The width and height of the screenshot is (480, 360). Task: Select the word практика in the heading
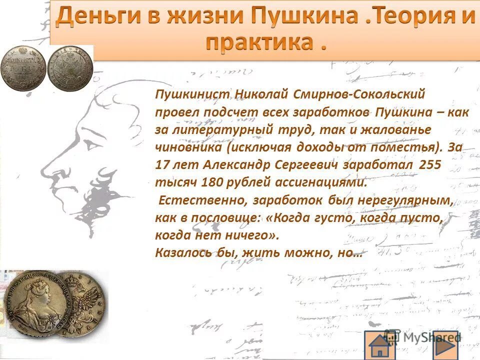coord(256,43)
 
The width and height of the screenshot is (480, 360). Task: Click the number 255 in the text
coord(430,165)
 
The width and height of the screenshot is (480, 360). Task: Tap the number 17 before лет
coord(163,165)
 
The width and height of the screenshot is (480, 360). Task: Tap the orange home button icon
coord(380,345)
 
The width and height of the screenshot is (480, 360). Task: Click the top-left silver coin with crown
coord(23,68)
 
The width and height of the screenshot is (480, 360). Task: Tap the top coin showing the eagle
coord(70,69)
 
